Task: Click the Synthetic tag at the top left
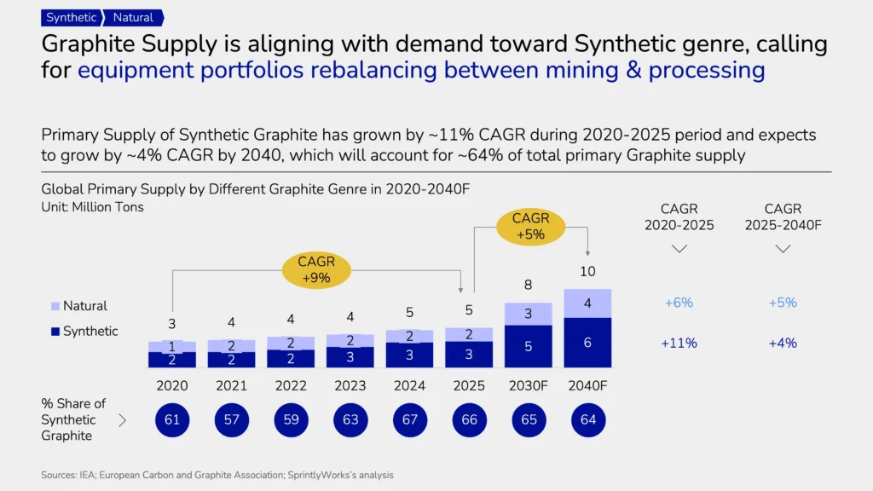pyautogui.click(x=72, y=17)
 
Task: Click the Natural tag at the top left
pyautogui.click(x=134, y=17)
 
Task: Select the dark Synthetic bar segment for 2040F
pyautogui.click(x=587, y=342)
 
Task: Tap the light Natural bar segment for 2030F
pyautogui.click(x=528, y=314)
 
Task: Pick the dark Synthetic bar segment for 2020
pyautogui.click(x=172, y=360)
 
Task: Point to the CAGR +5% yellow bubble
pyautogui.click(x=529, y=227)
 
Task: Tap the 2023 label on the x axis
pyautogui.click(x=350, y=386)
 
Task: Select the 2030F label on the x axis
pyautogui.click(x=528, y=386)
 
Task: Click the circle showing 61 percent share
pyautogui.click(x=172, y=419)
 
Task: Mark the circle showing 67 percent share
pyautogui.click(x=409, y=419)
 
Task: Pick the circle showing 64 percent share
pyautogui.click(x=587, y=419)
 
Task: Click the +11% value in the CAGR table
pyautogui.click(x=679, y=344)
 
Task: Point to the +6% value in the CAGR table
pyautogui.click(x=679, y=303)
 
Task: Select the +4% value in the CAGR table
pyautogui.click(x=782, y=344)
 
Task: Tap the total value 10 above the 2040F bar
pyautogui.click(x=587, y=272)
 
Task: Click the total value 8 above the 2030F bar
pyautogui.click(x=528, y=286)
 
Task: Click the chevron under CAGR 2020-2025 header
pyautogui.click(x=679, y=249)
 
